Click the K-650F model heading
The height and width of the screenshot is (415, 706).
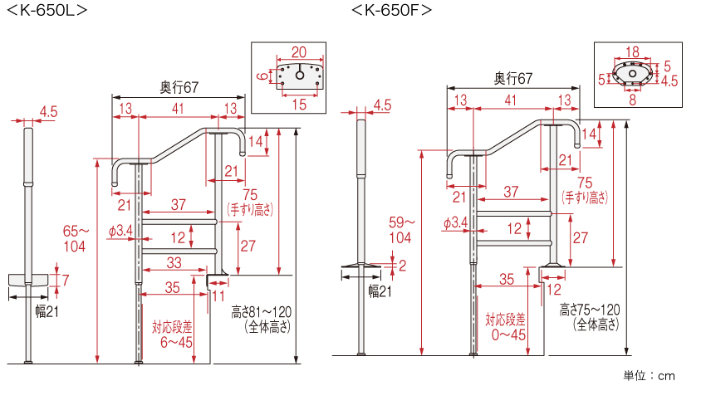392,11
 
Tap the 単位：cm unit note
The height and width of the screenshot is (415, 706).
650,376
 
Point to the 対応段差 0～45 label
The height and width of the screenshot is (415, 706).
506,326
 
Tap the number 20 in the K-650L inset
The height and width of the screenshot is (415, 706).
299,51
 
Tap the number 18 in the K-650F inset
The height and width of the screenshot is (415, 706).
631,50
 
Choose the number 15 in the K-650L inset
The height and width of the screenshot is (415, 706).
299,104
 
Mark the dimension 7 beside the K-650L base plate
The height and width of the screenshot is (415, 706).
66,279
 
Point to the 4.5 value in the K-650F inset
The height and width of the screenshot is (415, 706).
669,81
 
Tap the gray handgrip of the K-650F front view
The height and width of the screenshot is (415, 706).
361,147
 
